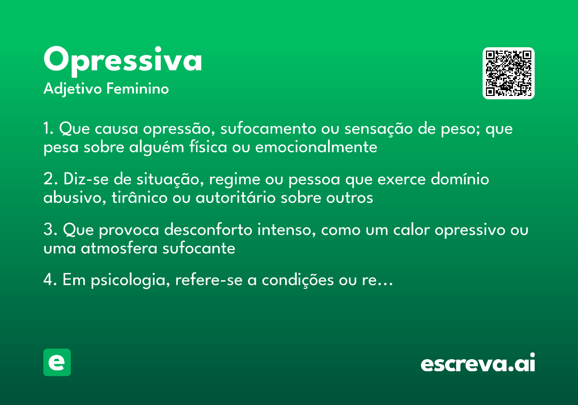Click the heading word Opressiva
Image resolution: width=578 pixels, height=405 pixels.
123,60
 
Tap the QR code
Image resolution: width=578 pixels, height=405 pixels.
509,73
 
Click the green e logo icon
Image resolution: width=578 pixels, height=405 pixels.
57,362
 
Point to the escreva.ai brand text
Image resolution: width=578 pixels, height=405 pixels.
478,364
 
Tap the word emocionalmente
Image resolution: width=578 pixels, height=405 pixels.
316,147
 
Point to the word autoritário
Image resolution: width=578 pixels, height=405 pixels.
236,198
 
